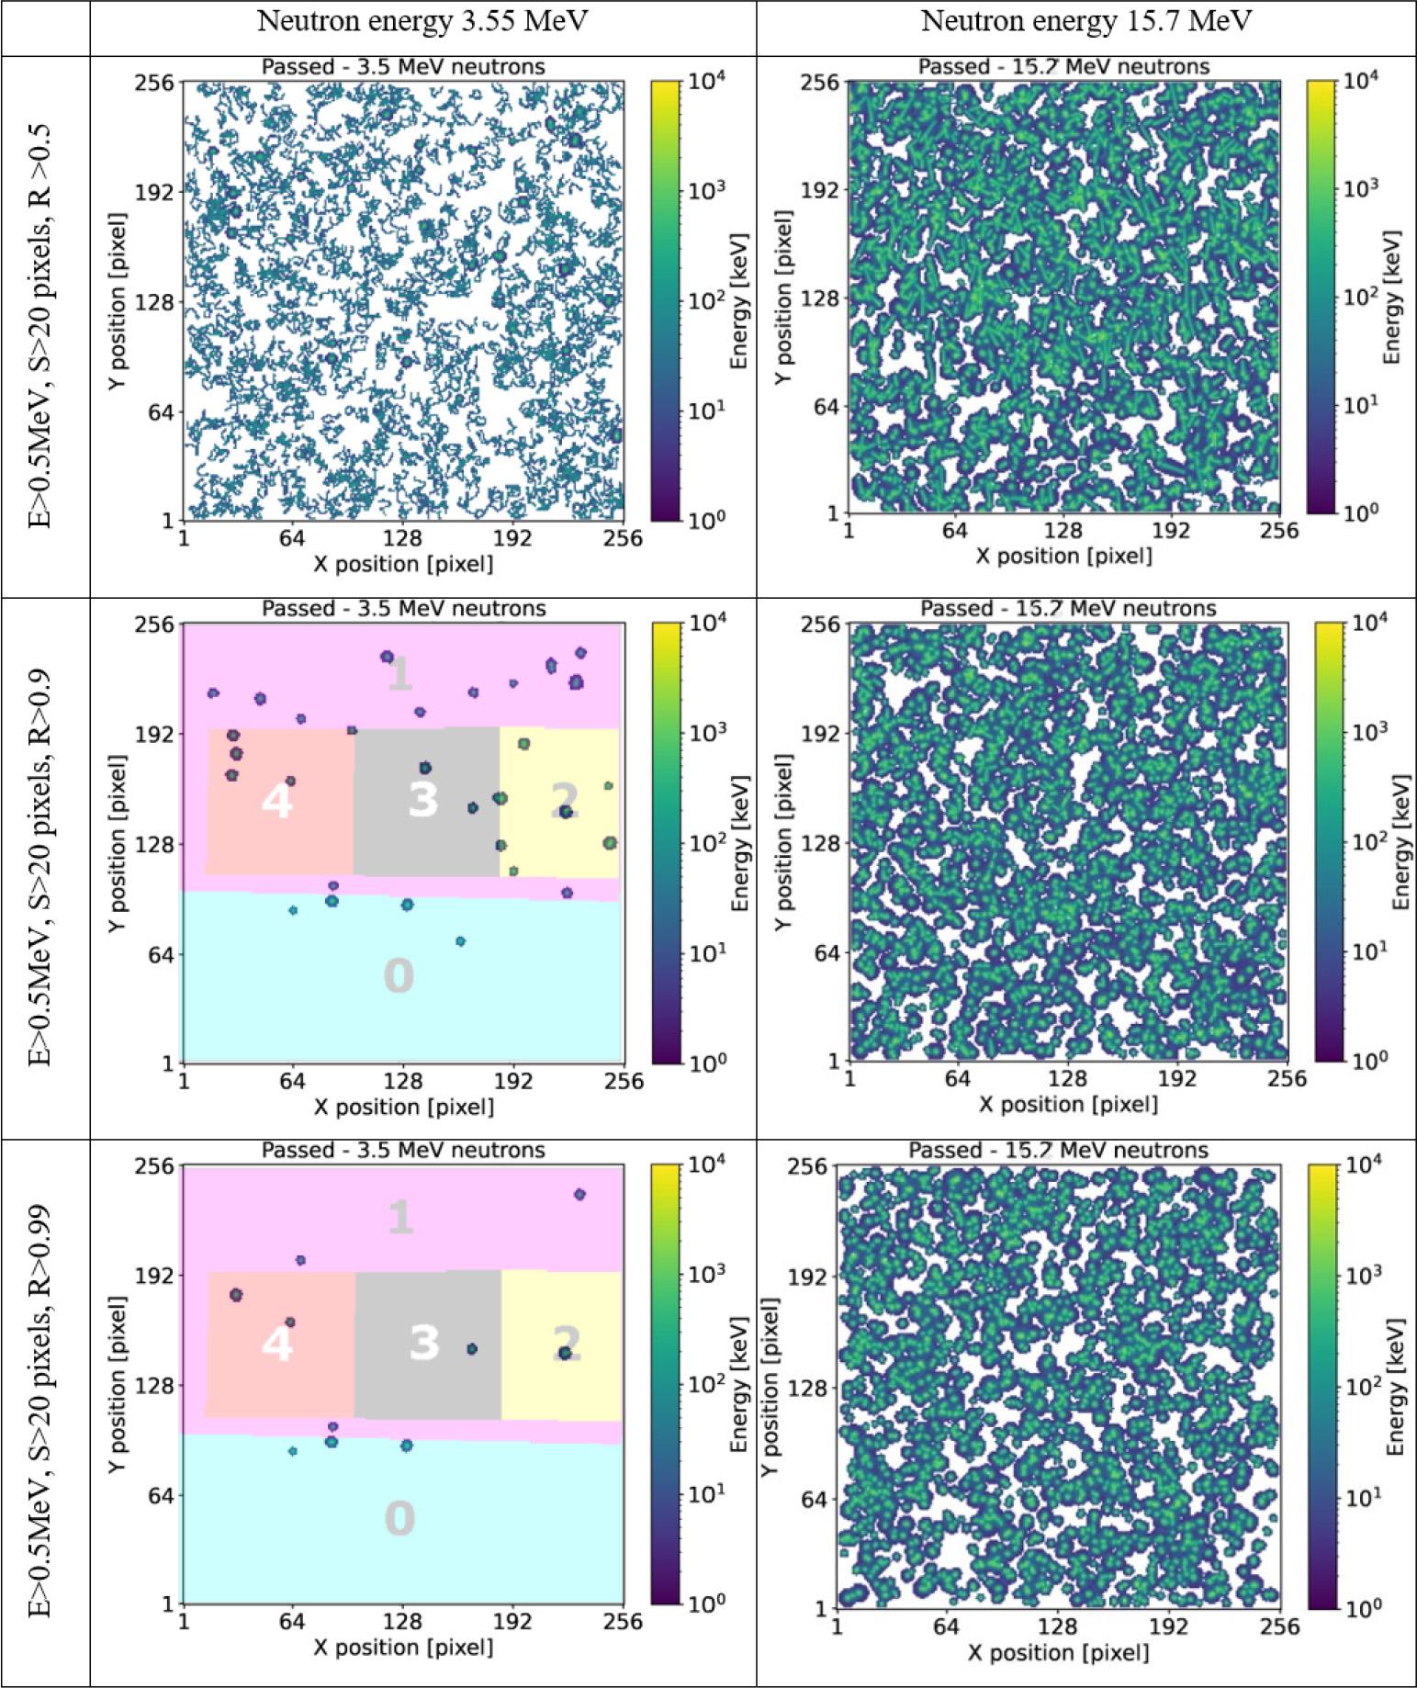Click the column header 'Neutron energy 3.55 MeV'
[422, 23]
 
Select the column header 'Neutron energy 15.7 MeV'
[1086, 23]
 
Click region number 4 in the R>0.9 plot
[276, 801]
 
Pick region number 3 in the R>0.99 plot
[423, 1343]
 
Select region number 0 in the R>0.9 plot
[399, 975]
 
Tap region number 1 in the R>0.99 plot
[399, 1218]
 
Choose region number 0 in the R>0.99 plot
[399, 1517]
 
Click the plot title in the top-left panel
[403, 67]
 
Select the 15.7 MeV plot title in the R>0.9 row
[1068, 609]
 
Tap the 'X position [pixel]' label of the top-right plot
[1063, 556]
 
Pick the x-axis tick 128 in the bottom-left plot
[403, 1622]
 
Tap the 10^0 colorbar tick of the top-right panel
[1361, 512]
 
